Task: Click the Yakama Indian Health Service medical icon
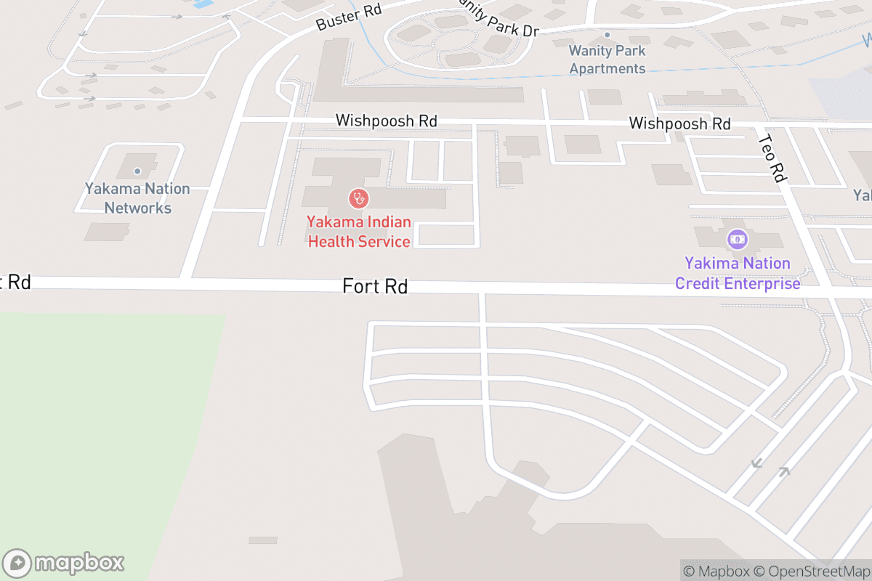(x=358, y=198)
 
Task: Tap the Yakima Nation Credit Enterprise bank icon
(x=738, y=238)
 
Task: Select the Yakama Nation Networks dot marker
(x=137, y=171)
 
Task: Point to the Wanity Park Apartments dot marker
(x=607, y=34)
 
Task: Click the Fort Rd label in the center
(x=375, y=287)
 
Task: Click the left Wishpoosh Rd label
(x=386, y=121)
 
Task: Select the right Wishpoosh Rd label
(x=679, y=123)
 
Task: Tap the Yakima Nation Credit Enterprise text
(x=737, y=273)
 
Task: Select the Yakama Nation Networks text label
(x=137, y=198)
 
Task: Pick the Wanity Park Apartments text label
(x=607, y=60)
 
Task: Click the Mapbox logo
(x=64, y=563)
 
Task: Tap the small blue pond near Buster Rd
(x=203, y=4)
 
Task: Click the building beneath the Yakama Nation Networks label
(x=107, y=232)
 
